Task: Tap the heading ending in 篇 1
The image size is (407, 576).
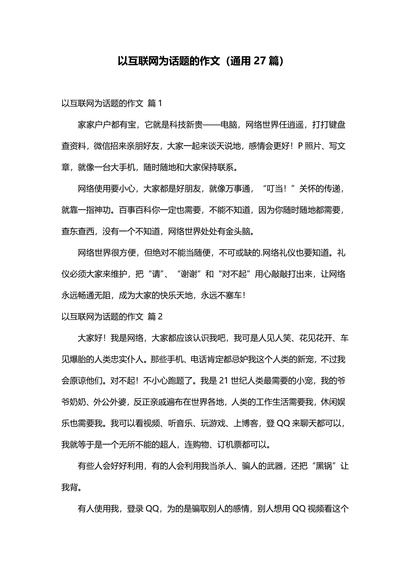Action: point(112,104)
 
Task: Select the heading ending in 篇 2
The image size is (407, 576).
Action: point(112,316)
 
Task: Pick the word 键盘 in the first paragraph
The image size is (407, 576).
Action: point(337,125)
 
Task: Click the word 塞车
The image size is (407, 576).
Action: point(230,295)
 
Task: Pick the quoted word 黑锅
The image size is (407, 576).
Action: point(320,465)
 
